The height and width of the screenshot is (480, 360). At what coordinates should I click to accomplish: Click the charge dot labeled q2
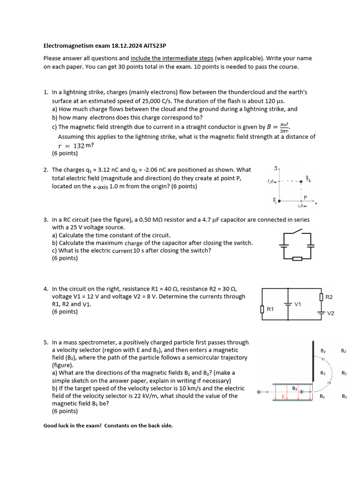click(301, 181)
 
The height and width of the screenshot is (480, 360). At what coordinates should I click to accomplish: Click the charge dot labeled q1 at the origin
click(280, 201)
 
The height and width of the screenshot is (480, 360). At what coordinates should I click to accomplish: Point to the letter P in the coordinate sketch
click(305, 197)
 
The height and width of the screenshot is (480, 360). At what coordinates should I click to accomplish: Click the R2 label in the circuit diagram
click(329, 297)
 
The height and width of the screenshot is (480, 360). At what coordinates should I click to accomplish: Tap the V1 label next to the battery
click(298, 304)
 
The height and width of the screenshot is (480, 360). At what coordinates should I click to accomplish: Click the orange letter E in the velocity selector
click(283, 397)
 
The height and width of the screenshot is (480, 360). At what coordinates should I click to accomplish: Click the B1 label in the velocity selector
click(295, 388)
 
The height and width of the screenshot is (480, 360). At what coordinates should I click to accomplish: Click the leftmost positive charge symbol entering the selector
click(259, 391)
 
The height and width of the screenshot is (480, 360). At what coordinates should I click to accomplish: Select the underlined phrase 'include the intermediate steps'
click(172, 59)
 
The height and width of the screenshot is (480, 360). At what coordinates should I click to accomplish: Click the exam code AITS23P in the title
click(152, 46)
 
